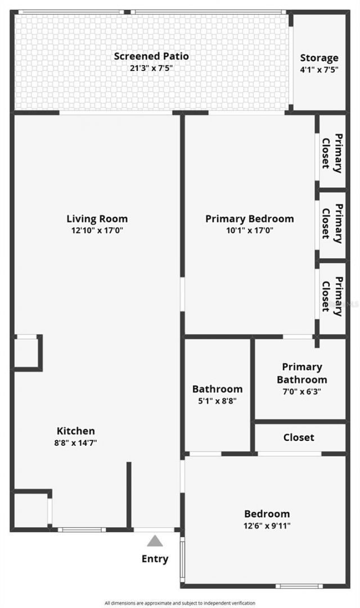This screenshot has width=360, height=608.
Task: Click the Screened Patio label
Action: (x=151, y=56)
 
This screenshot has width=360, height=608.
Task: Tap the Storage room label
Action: (x=319, y=58)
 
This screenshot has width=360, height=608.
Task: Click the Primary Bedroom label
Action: (x=249, y=219)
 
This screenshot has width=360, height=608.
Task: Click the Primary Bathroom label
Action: (x=301, y=373)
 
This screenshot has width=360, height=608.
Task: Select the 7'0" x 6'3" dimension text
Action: (x=301, y=391)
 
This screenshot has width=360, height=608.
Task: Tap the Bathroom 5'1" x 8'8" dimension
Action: (x=217, y=401)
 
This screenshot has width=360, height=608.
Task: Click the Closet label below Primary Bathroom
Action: (x=299, y=437)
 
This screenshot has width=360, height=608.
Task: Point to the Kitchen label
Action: (x=75, y=431)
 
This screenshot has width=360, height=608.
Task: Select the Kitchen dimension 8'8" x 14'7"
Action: (x=75, y=443)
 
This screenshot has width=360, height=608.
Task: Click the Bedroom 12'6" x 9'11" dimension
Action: (x=267, y=526)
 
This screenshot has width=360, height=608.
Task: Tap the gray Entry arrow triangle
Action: (x=155, y=542)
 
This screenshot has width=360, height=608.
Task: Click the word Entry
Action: (x=155, y=559)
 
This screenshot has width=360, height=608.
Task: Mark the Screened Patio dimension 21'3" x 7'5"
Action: (x=151, y=68)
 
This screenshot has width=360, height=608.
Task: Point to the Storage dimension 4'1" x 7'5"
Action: (x=319, y=70)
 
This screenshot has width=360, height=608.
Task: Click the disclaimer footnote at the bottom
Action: (x=180, y=603)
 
